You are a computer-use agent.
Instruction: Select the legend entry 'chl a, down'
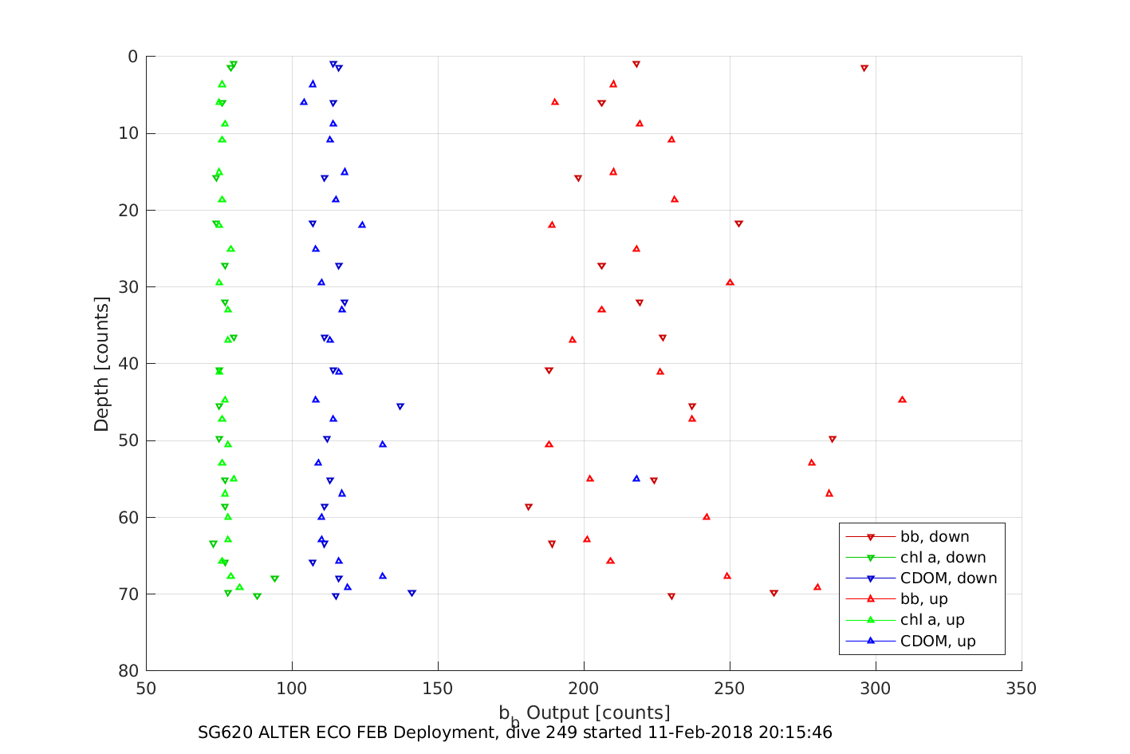[943, 558]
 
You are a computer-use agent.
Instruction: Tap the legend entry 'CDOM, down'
[948, 578]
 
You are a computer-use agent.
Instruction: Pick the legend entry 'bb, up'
[923, 599]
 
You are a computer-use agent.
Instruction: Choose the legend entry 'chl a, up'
[932, 620]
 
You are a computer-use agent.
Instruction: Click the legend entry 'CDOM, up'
[938, 641]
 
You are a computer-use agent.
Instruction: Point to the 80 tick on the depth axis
[128, 671]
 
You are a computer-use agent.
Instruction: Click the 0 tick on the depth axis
[132, 57]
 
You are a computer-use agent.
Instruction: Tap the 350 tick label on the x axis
[1022, 689]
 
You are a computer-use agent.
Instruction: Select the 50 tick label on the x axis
[146, 689]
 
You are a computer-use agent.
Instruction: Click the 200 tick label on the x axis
[584, 689]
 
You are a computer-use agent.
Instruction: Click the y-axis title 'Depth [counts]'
[101, 364]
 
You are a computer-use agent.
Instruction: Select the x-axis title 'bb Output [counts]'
[584, 713]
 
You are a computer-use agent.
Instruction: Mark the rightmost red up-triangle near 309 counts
[902, 399]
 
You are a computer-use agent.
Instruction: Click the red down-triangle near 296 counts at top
[864, 69]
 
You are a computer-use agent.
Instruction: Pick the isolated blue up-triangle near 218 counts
[636, 478]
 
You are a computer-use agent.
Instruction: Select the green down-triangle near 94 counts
[274, 578]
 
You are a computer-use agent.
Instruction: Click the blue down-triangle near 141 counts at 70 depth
[411, 593]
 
